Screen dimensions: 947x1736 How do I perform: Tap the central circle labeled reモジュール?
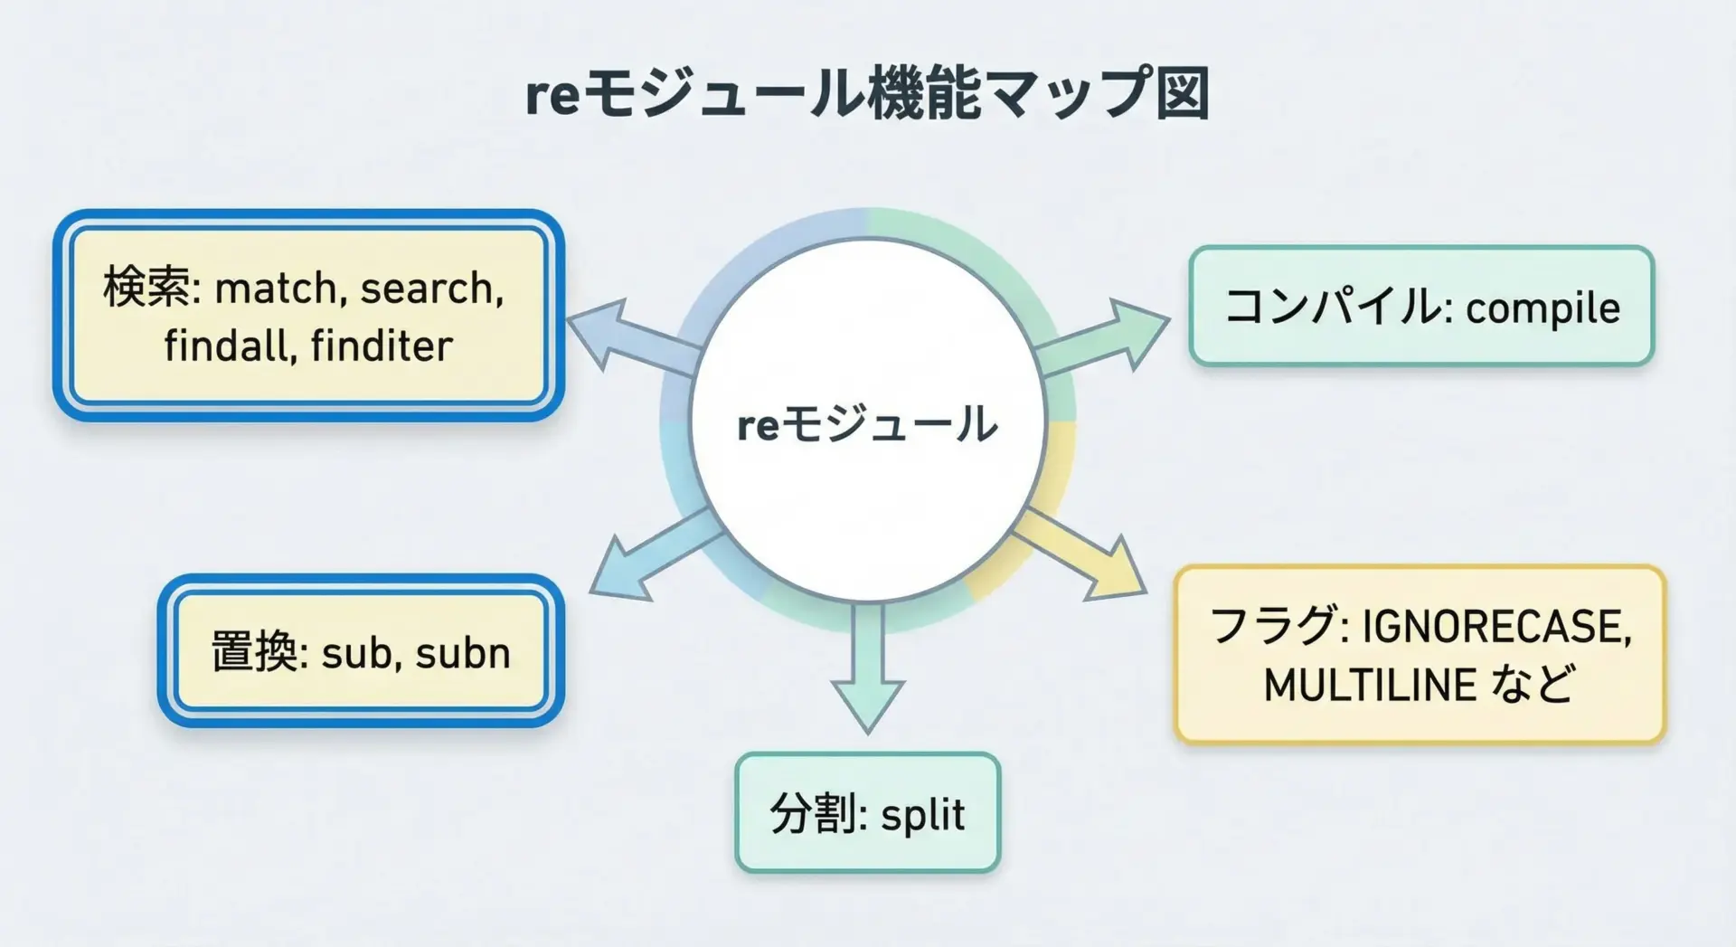coord(867,421)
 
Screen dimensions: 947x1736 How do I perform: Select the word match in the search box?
coord(275,289)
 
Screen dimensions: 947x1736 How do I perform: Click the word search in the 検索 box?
coord(430,289)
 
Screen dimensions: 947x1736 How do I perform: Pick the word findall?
coord(230,346)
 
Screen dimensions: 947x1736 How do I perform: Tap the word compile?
coord(1543,308)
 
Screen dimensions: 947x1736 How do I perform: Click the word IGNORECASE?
coord(1496,627)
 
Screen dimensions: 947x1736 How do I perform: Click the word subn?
coord(463,653)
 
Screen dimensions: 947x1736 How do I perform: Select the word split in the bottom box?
coord(922,814)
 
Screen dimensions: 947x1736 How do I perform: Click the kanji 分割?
coord(813,813)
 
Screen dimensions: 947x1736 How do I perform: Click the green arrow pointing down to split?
coord(867,669)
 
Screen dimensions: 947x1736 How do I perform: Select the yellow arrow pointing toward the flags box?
coord(1085,554)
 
